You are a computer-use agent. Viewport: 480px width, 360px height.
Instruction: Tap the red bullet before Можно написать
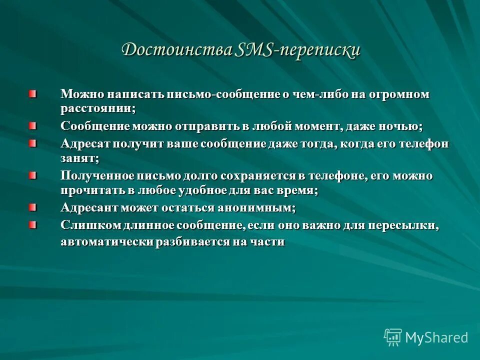coord(32,93)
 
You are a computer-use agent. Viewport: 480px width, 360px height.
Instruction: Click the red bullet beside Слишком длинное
coord(32,224)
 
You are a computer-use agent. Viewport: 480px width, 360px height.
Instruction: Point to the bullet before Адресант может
coord(32,206)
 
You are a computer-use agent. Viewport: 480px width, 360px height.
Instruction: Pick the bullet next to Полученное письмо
coord(32,175)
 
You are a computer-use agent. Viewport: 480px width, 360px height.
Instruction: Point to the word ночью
coord(403,126)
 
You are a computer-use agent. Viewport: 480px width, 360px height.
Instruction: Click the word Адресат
coord(84,144)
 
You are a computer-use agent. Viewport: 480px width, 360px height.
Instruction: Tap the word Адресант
coord(87,207)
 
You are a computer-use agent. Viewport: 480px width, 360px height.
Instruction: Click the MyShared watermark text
coord(436,337)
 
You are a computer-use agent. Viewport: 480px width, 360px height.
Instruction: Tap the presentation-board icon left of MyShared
coord(393,337)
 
